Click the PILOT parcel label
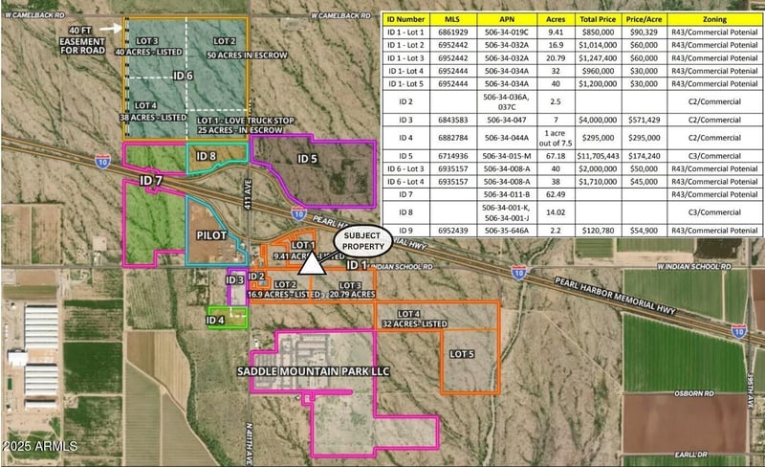coord(211,233)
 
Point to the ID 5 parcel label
coord(307,159)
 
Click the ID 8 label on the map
coord(206,155)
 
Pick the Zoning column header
coord(712,18)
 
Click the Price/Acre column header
coord(640,18)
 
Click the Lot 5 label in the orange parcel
coord(462,353)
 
